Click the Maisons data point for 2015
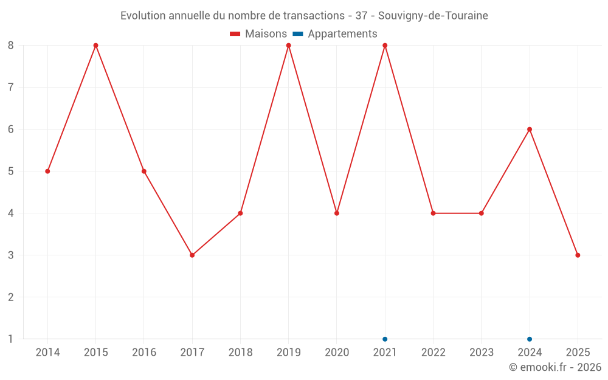coord(95,46)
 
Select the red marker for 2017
coord(192,255)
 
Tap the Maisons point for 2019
coord(288,46)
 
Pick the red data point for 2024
coord(530,130)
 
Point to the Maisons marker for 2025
coord(578,255)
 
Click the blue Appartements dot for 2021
coord(385,339)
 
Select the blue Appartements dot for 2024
coord(530,339)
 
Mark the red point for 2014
coord(47,171)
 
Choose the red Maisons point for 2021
coord(385,46)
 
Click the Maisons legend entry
coord(258,34)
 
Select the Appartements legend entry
coord(336,34)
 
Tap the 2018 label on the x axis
coord(240,353)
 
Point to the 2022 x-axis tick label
coord(433,353)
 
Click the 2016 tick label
coord(144,353)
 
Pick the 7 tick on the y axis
coord(11,88)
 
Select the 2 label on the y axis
coord(11,297)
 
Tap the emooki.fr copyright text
coord(555,367)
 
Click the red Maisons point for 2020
coord(337,213)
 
